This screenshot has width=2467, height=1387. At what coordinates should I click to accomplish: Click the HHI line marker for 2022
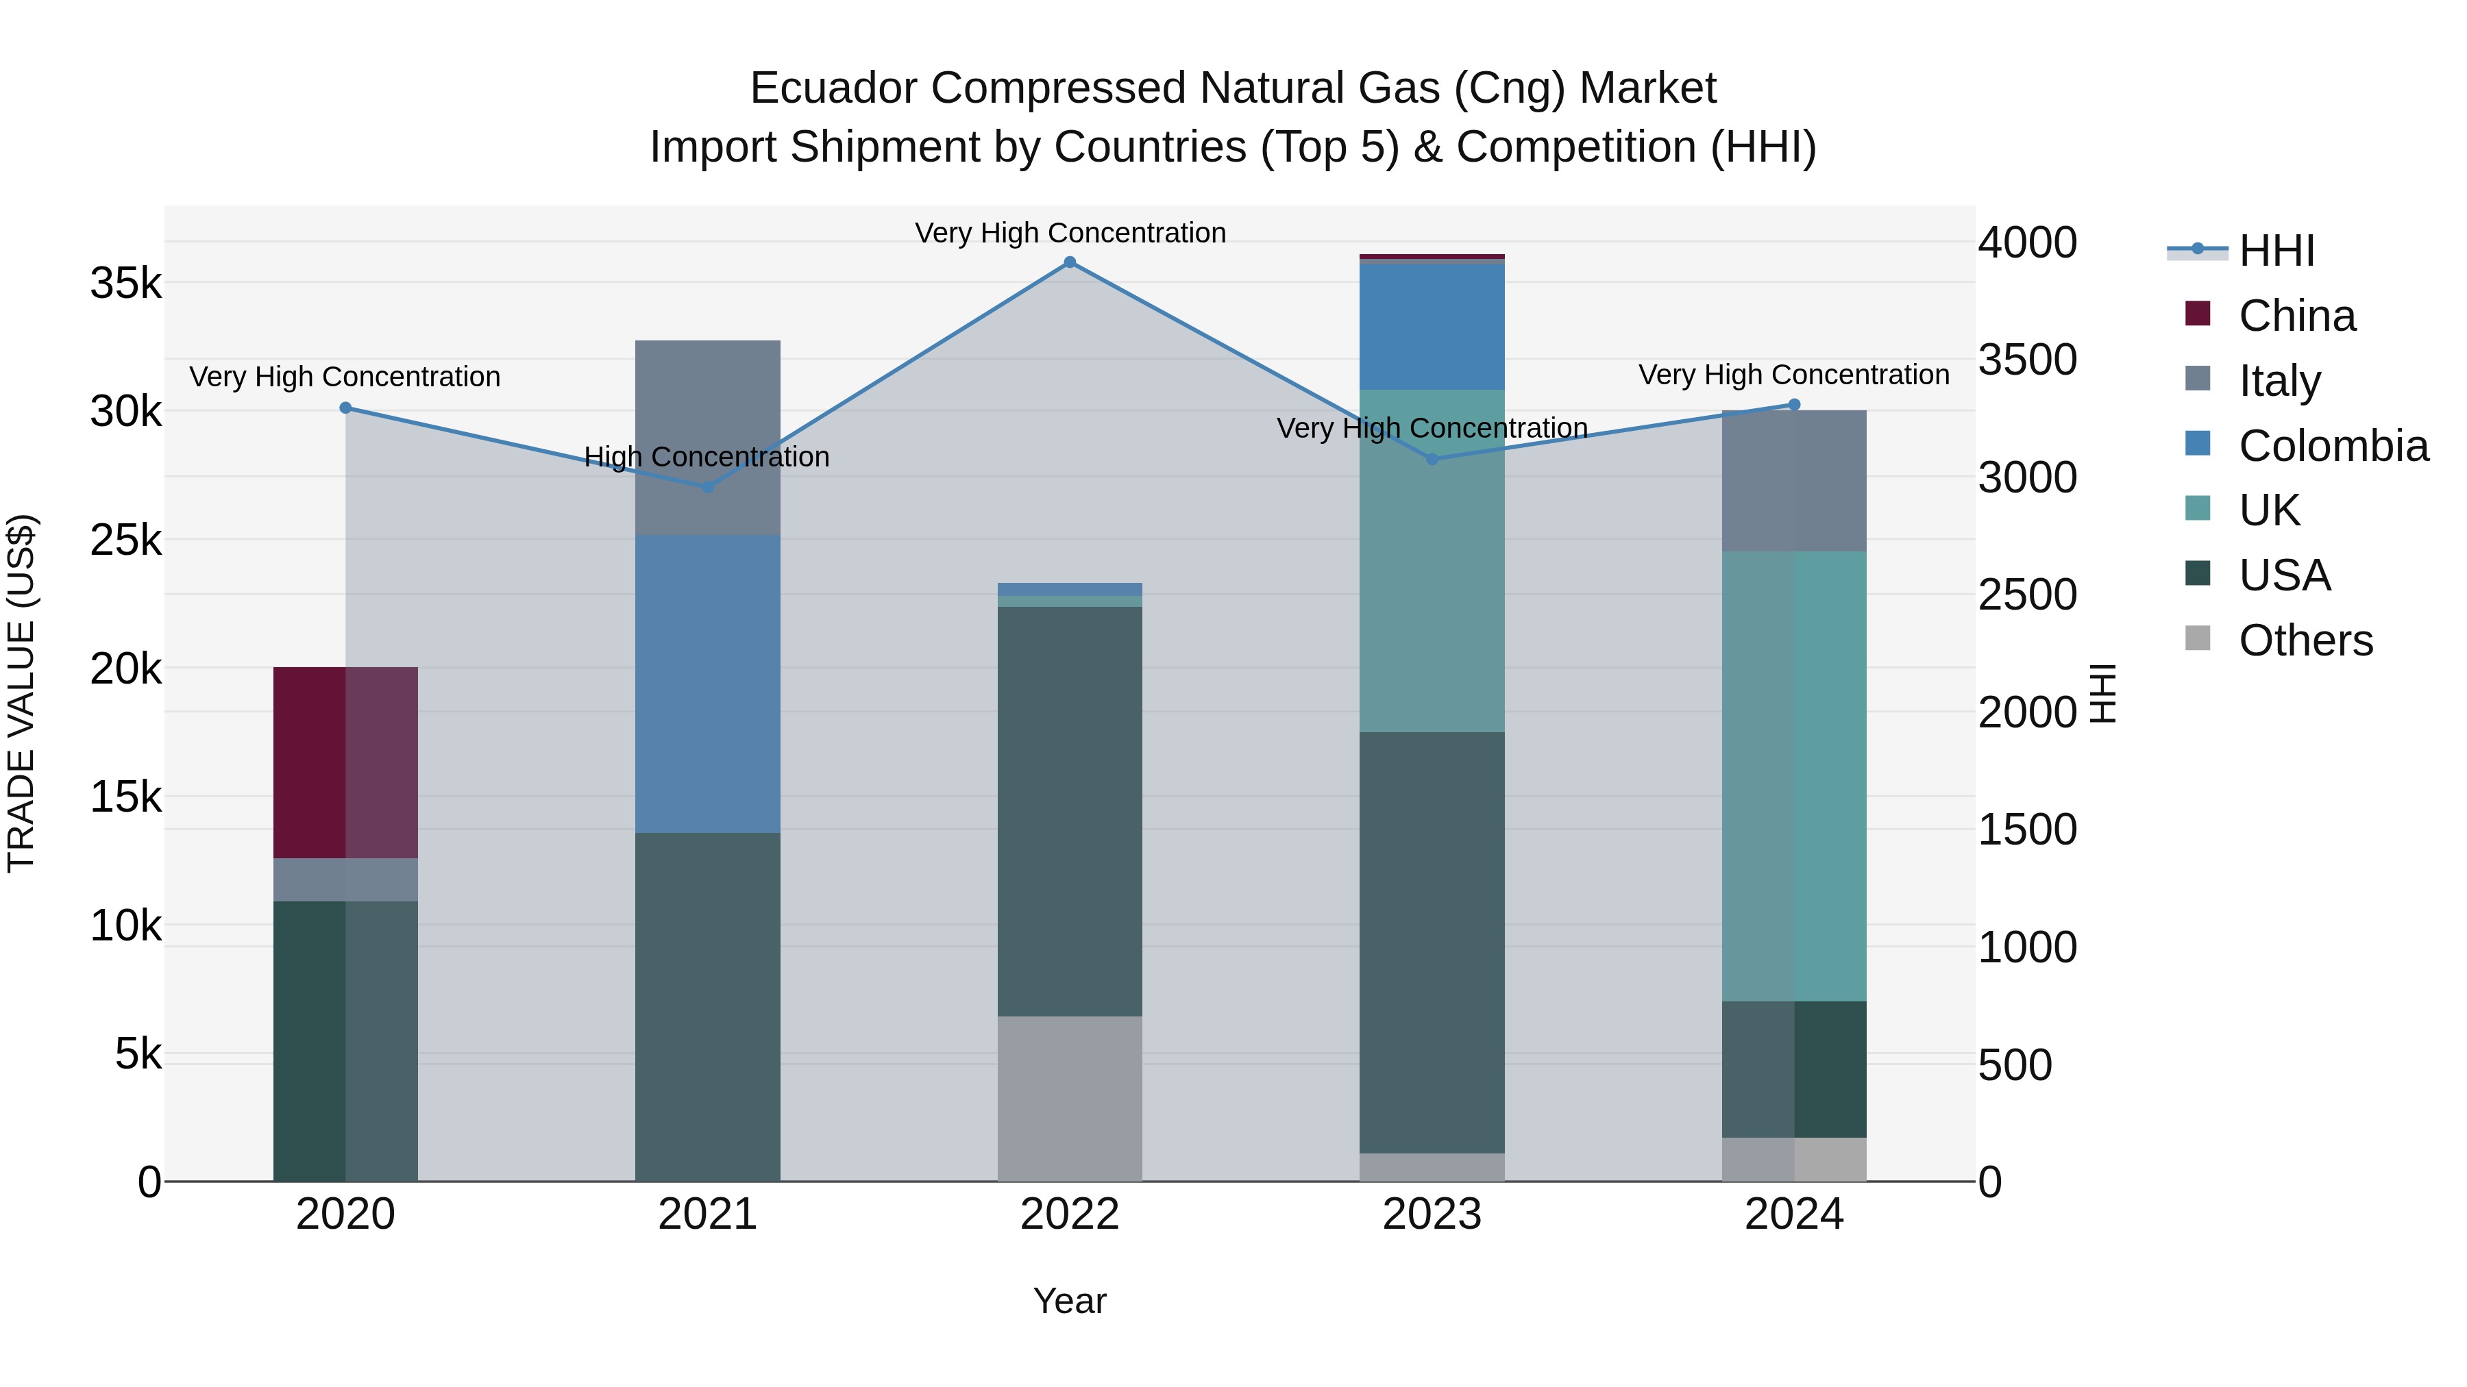tap(1070, 262)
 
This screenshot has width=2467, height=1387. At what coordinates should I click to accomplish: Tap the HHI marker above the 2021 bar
tap(708, 486)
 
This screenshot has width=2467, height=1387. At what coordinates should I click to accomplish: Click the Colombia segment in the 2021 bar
tap(708, 684)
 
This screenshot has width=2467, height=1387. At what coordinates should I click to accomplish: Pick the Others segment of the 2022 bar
tap(1070, 1098)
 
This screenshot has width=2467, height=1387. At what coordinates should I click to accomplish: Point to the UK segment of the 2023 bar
tap(1432, 561)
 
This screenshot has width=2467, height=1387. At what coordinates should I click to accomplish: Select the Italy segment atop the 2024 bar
tap(1794, 481)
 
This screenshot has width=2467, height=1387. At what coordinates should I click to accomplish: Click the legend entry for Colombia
tap(2333, 446)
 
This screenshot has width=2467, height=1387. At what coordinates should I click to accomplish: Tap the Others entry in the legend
tap(2305, 640)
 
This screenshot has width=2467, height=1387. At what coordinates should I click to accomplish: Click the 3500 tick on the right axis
tap(2026, 360)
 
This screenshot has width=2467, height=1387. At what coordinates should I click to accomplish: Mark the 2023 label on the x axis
tap(1432, 1214)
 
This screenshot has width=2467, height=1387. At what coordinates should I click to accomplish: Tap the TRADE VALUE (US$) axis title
tap(21, 693)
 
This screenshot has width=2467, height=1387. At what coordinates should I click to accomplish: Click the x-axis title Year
tap(1070, 1301)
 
